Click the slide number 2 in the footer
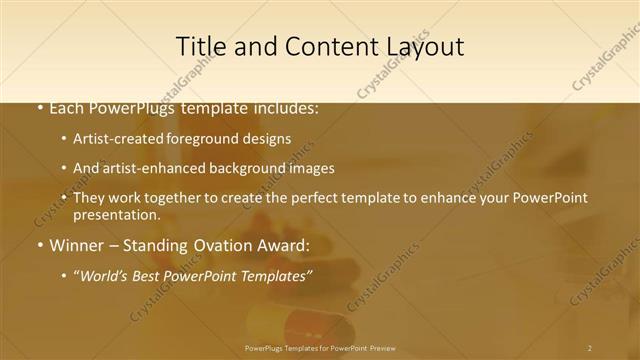point(589,348)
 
